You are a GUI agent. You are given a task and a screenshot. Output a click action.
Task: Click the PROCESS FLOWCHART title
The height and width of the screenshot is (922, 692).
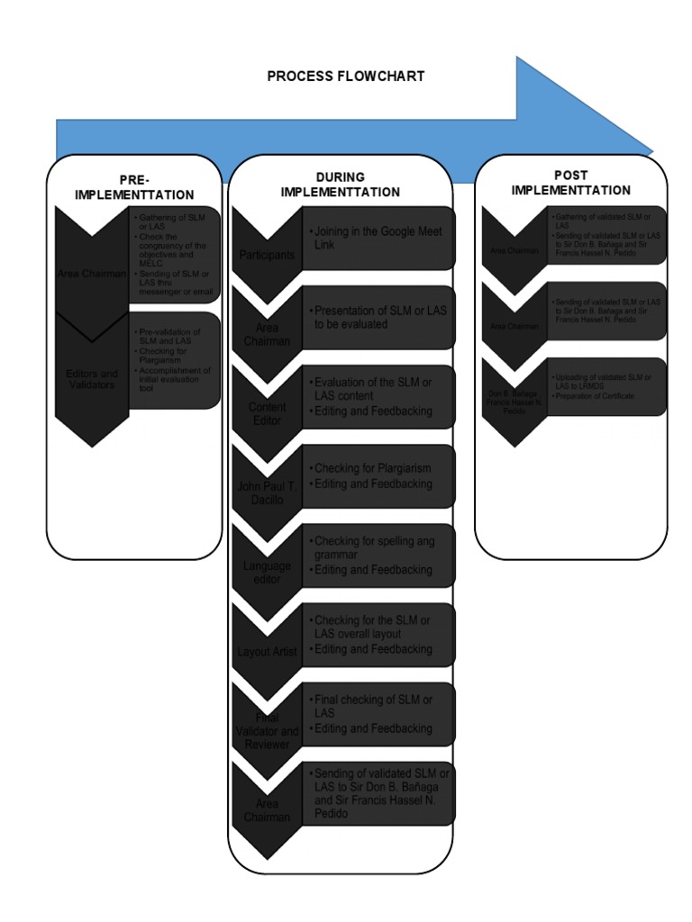[345, 77]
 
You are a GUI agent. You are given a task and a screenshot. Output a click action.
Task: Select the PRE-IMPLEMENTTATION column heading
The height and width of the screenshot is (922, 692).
[134, 187]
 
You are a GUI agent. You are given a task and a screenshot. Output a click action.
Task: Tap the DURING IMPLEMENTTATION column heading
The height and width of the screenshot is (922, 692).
[340, 185]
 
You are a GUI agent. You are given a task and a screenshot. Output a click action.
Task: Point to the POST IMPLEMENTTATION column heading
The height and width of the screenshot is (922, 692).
[570, 183]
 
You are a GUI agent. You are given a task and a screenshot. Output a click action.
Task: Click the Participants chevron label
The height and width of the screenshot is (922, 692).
[267, 255]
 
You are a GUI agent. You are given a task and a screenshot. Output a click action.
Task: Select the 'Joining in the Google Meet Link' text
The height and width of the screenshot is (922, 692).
[378, 238]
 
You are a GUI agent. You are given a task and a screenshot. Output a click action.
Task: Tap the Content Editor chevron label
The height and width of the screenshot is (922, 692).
[267, 413]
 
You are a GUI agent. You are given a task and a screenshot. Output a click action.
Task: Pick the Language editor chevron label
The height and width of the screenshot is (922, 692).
[267, 573]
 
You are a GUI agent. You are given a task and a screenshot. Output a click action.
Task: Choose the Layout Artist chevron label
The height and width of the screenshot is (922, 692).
[267, 651]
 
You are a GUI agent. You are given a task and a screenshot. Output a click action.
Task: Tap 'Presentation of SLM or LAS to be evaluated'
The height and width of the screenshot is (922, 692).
[380, 317]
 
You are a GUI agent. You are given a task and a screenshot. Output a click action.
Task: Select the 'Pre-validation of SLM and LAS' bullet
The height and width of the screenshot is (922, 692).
[169, 337]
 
